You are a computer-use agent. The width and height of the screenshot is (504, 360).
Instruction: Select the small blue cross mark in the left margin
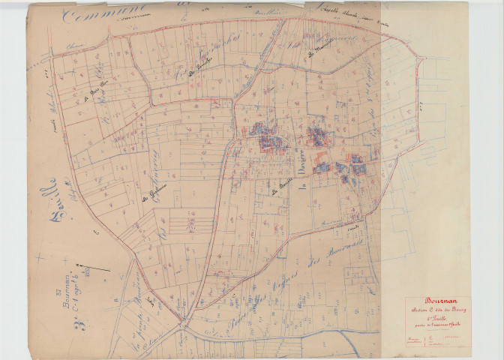39,257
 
